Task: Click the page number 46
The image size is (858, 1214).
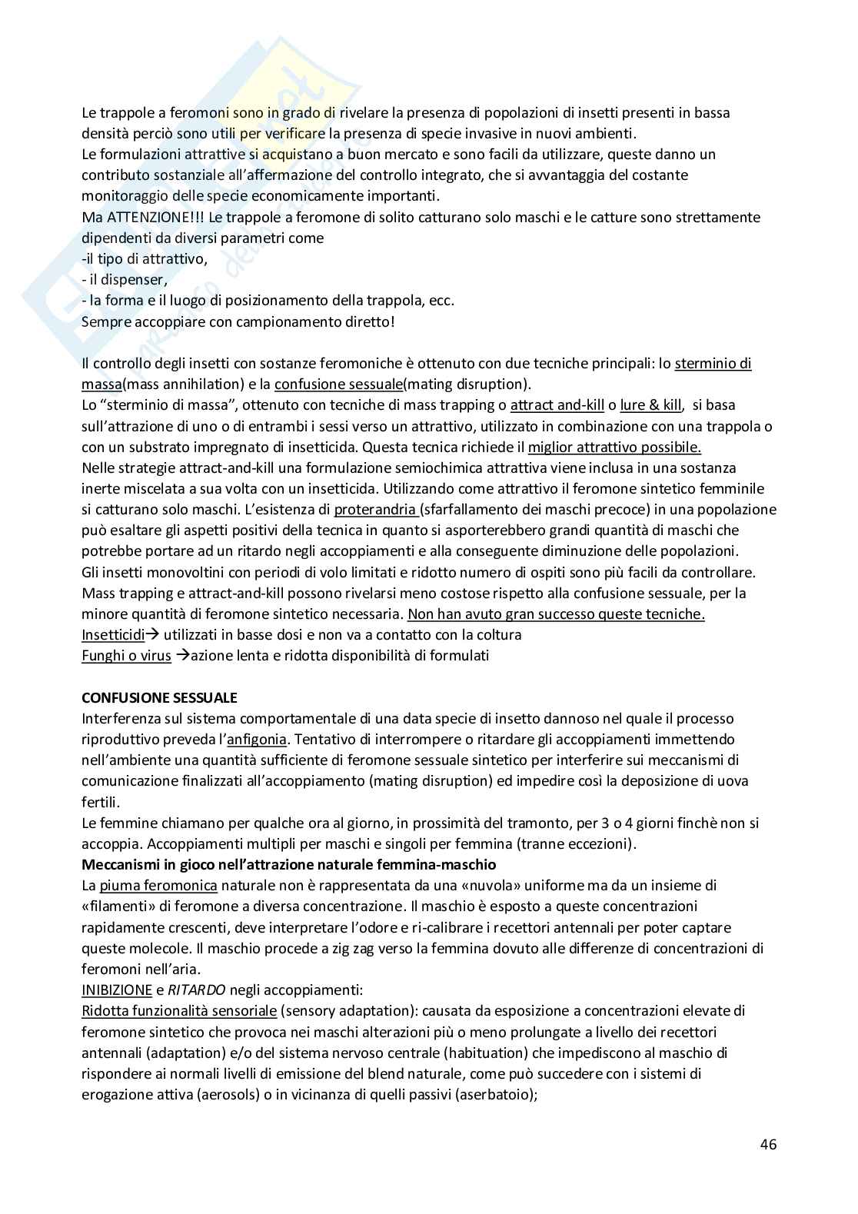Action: (x=768, y=1143)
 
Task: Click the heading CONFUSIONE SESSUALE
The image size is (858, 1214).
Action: (x=159, y=697)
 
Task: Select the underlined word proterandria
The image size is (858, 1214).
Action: (x=376, y=509)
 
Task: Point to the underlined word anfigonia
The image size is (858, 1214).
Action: (x=256, y=740)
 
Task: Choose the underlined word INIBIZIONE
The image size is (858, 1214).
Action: (x=117, y=989)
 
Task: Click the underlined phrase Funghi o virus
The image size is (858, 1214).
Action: (x=127, y=656)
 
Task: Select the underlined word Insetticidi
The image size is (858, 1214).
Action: (x=113, y=635)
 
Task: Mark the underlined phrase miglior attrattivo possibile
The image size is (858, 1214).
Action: (x=614, y=447)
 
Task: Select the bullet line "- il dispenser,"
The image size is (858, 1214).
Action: (x=125, y=280)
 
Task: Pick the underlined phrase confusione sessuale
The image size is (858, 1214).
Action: (x=338, y=384)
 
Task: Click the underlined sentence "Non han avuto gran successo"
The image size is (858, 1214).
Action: (x=556, y=614)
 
